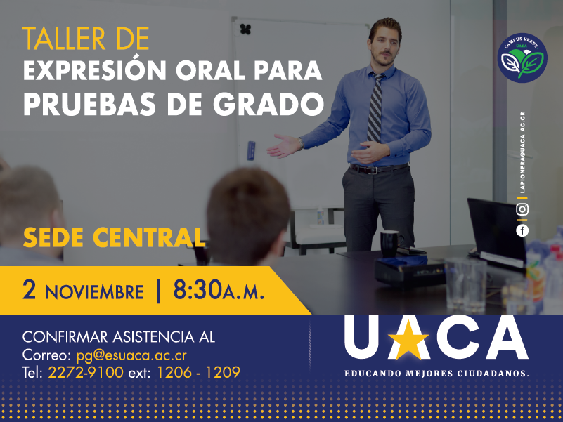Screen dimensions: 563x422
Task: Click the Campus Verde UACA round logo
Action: click(522, 58)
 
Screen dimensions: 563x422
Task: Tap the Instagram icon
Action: click(522, 209)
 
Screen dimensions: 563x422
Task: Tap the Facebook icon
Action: click(522, 230)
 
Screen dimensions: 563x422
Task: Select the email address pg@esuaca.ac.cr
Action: click(131, 355)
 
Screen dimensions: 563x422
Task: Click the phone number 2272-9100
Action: click(86, 372)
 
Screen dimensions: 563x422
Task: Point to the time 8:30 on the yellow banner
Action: click(198, 290)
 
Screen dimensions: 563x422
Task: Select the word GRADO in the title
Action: click(268, 104)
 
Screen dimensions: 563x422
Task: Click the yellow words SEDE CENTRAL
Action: click(114, 237)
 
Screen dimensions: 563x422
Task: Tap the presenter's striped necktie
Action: click(375, 107)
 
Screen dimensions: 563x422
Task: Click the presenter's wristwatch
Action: click(300, 143)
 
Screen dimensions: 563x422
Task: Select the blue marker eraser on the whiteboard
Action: click(251, 150)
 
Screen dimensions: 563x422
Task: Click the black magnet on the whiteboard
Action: click(245, 29)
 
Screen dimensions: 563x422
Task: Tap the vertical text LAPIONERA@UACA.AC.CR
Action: click(522, 152)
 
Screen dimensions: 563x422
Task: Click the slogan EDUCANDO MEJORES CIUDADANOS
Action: click(436, 374)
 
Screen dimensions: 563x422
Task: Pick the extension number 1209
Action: click(223, 372)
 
